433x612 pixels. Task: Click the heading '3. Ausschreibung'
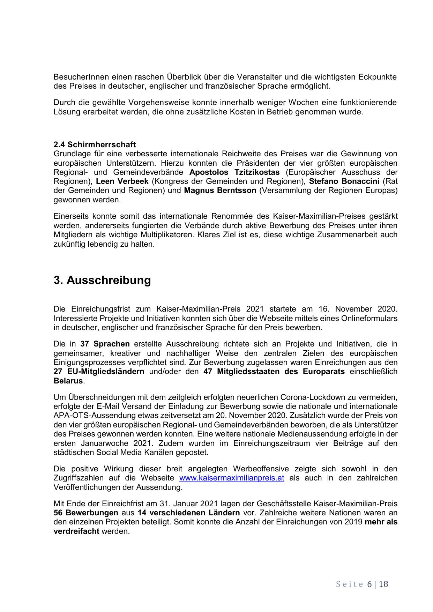pyautogui.click(x=102, y=280)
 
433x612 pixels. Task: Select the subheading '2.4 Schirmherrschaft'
pyautogui.click(x=95, y=144)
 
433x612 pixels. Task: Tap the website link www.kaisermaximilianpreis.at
pyautogui.click(x=231, y=478)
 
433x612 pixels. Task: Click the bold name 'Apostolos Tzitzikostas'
pyautogui.click(x=234, y=172)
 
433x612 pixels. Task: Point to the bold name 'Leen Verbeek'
pyautogui.click(x=122, y=181)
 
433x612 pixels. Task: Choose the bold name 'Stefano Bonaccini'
pyautogui.click(x=344, y=181)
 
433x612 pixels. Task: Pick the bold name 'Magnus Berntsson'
pyautogui.click(x=220, y=191)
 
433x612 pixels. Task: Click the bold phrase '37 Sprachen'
pyautogui.click(x=105, y=344)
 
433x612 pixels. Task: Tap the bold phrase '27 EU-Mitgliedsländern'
pyautogui.click(x=99, y=372)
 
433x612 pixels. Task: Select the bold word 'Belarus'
pyautogui.click(x=68, y=381)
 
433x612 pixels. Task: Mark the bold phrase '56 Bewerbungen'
pyautogui.click(x=86, y=513)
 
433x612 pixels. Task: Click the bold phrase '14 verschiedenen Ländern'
pyautogui.click(x=189, y=513)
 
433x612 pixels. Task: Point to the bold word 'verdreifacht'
pyautogui.click(x=76, y=531)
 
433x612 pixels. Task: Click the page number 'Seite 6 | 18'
pyautogui.click(x=362, y=584)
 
